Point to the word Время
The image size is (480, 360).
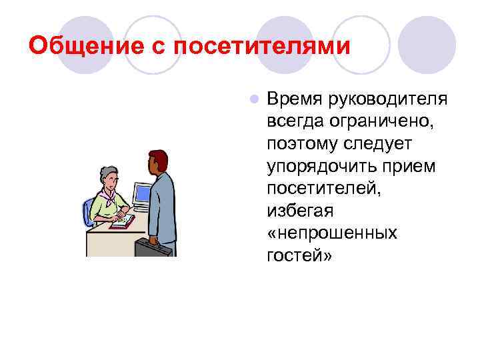click(x=294, y=99)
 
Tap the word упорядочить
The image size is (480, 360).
click(x=317, y=166)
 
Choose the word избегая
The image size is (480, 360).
click(x=300, y=211)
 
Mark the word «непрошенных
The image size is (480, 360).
click(x=332, y=233)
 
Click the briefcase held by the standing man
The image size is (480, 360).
click(x=153, y=248)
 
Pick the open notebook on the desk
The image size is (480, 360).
click(x=122, y=221)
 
